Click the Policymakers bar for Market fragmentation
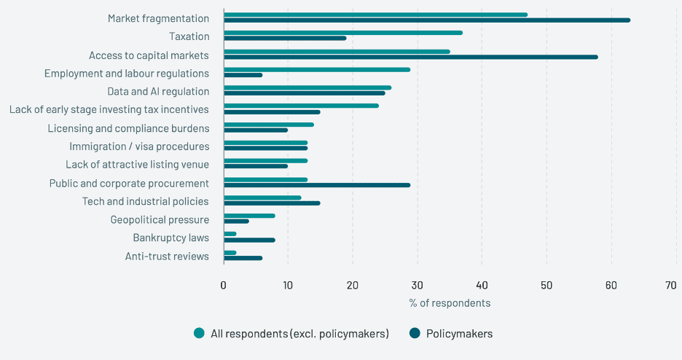pos(427,20)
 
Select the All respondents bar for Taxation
pos(343,33)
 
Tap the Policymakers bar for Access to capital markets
pos(411,57)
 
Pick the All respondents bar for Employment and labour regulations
pos(317,69)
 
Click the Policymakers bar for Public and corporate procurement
pos(317,185)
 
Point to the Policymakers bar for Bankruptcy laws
pos(250,240)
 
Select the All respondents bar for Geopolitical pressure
pos(250,216)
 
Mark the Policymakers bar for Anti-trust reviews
pos(243,258)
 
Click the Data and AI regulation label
pos(158,92)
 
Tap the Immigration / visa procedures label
pos(139,146)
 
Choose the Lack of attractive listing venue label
pos(137,165)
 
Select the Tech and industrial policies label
pos(146,201)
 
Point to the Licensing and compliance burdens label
pos(128,128)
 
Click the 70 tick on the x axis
pos(671,285)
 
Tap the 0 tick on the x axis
pos(224,285)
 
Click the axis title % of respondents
pos(450,303)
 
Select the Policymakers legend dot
pos(415,334)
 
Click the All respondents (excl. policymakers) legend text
pos(299,334)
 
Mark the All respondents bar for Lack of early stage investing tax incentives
pos(301,106)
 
